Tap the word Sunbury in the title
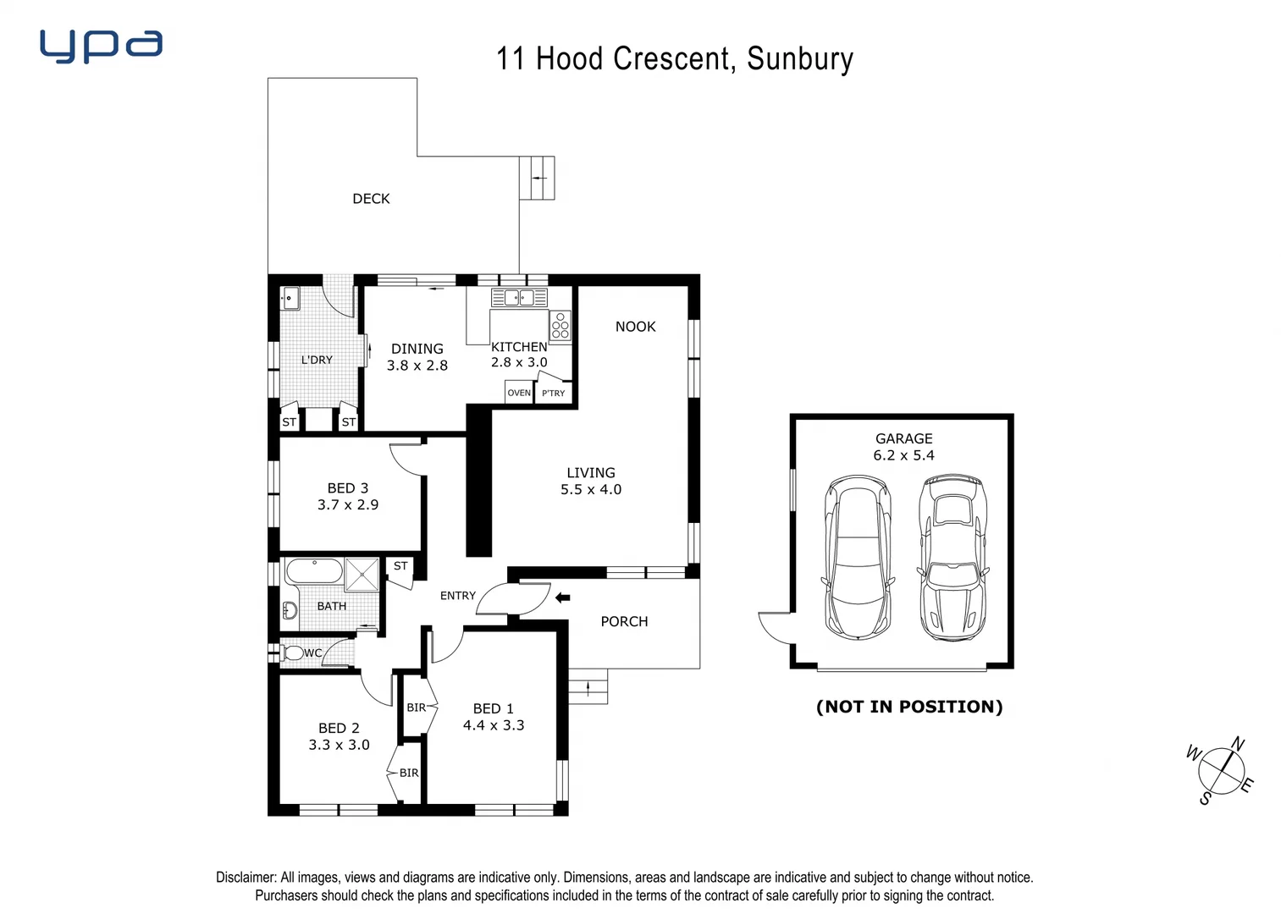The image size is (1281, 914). point(799,59)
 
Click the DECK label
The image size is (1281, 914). point(371,199)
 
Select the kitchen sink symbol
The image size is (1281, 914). point(519,297)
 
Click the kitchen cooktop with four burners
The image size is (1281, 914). point(560,326)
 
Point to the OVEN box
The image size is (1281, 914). point(518,393)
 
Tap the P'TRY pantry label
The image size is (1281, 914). point(553,394)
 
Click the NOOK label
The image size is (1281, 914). point(635,327)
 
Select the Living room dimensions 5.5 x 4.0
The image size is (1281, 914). point(590,490)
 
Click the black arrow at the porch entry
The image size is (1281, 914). point(562,598)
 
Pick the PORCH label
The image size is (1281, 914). point(624,622)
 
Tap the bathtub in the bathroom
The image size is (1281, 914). point(314,571)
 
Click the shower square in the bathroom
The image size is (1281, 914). point(362,574)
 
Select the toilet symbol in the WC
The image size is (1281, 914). point(293,653)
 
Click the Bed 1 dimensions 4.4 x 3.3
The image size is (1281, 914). point(493,725)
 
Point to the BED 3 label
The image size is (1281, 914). point(347,488)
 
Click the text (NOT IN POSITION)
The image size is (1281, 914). point(908,707)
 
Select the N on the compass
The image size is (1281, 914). point(1237,745)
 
